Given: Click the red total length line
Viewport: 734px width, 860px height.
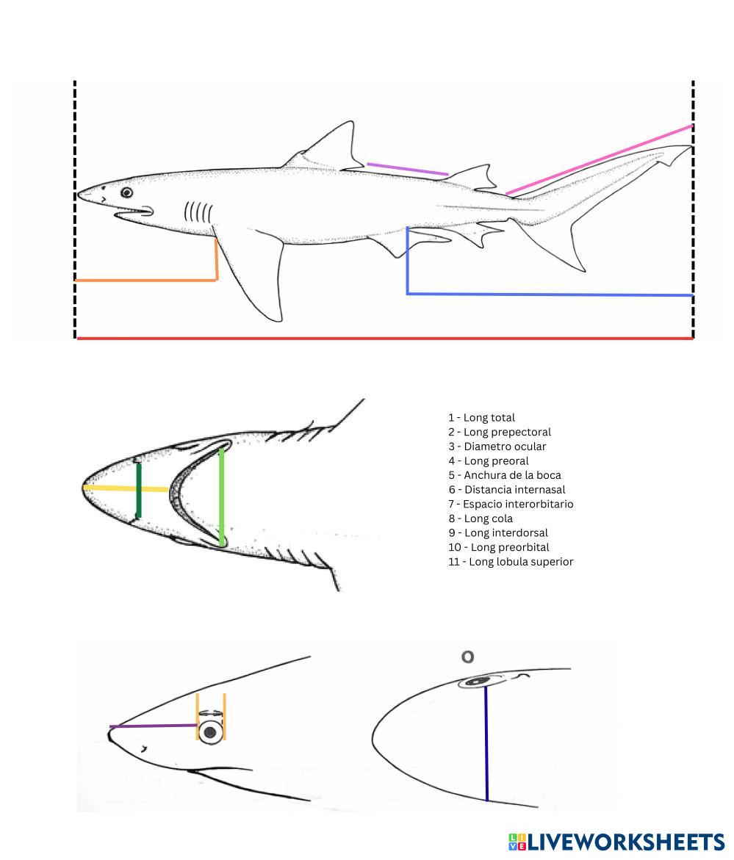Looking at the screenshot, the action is tap(382, 339).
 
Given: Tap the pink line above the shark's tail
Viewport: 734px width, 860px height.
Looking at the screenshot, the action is tap(599, 160).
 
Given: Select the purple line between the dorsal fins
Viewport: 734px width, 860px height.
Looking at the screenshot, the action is tap(407, 169).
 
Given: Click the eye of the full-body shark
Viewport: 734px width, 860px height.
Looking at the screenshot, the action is tap(127, 192).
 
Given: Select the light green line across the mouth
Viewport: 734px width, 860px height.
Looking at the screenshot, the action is tap(221, 496).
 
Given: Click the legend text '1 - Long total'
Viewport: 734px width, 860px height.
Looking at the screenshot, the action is tap(482, 417).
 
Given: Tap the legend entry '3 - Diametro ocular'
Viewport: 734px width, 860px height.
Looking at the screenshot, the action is tap(497, 447).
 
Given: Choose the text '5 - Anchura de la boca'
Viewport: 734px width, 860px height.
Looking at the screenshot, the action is tap(505, 475).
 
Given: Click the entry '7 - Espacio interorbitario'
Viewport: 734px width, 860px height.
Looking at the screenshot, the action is tap(511, 504).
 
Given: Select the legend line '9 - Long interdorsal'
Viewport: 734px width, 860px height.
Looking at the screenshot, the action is tap(498, 532).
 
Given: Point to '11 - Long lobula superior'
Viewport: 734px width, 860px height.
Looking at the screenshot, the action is tap(511, 562).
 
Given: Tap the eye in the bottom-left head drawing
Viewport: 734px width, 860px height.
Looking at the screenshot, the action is tap(211, 731).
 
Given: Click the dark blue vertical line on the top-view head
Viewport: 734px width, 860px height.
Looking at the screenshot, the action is tap(486, 742).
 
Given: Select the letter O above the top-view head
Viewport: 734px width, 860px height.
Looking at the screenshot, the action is tap(467, 657).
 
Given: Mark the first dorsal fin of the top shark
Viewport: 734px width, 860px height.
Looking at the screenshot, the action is tap(331, 147).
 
